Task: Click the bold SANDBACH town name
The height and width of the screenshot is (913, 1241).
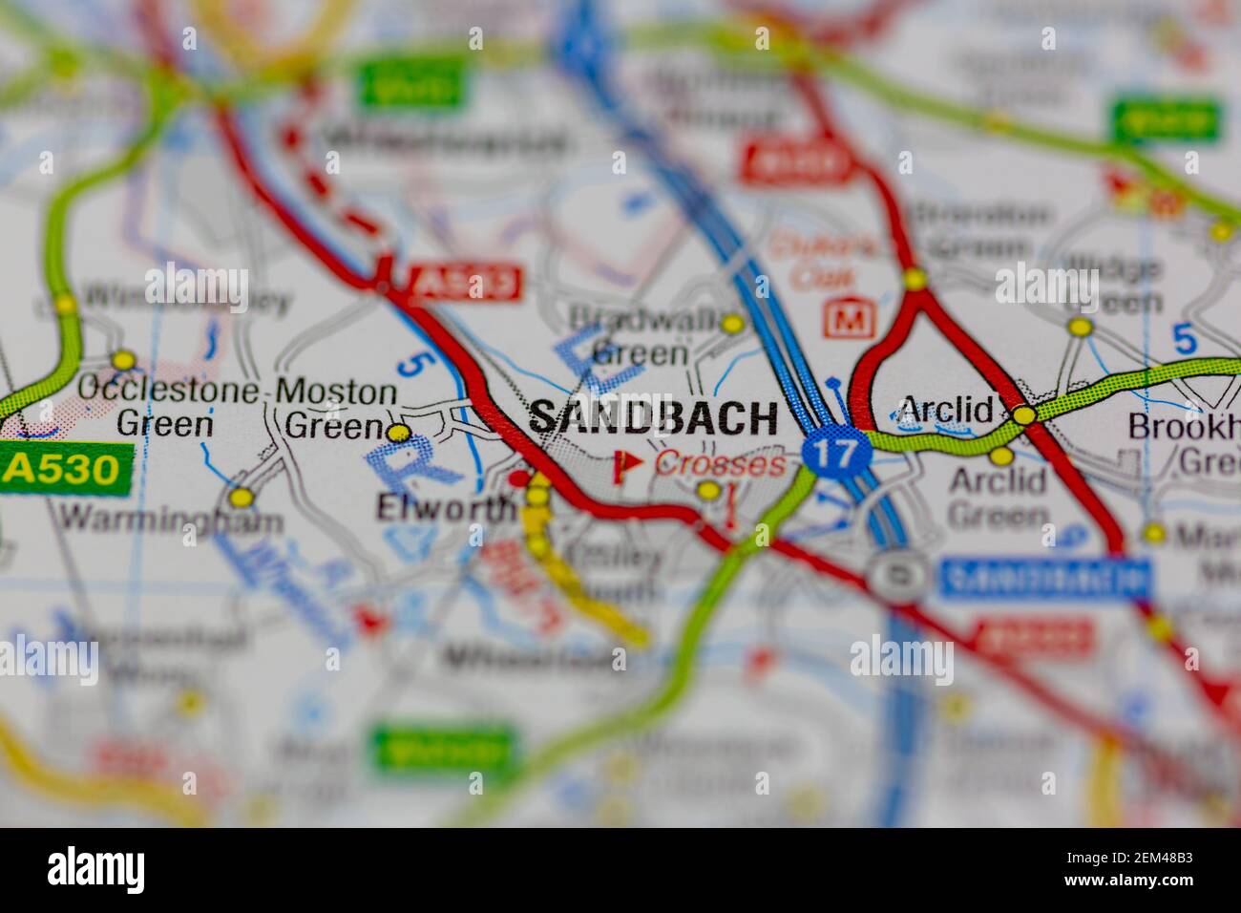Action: click(653, 418)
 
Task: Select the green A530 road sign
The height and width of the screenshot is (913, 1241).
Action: click(64, 469)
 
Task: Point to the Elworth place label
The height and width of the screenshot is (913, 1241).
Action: click(444, 507)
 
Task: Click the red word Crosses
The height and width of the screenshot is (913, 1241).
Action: click(721, 465)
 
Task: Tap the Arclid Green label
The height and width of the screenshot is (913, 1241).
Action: click(998, 498)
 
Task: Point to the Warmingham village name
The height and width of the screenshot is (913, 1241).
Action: click(171, 520)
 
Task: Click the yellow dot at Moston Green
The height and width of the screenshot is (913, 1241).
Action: click(400, 434)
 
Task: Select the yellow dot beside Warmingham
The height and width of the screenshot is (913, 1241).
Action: click(242, 498)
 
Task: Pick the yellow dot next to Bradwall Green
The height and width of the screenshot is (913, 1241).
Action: click(732, 324)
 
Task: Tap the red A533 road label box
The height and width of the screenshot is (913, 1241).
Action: click(465, 283)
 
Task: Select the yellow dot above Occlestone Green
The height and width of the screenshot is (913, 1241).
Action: click(123, 361)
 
